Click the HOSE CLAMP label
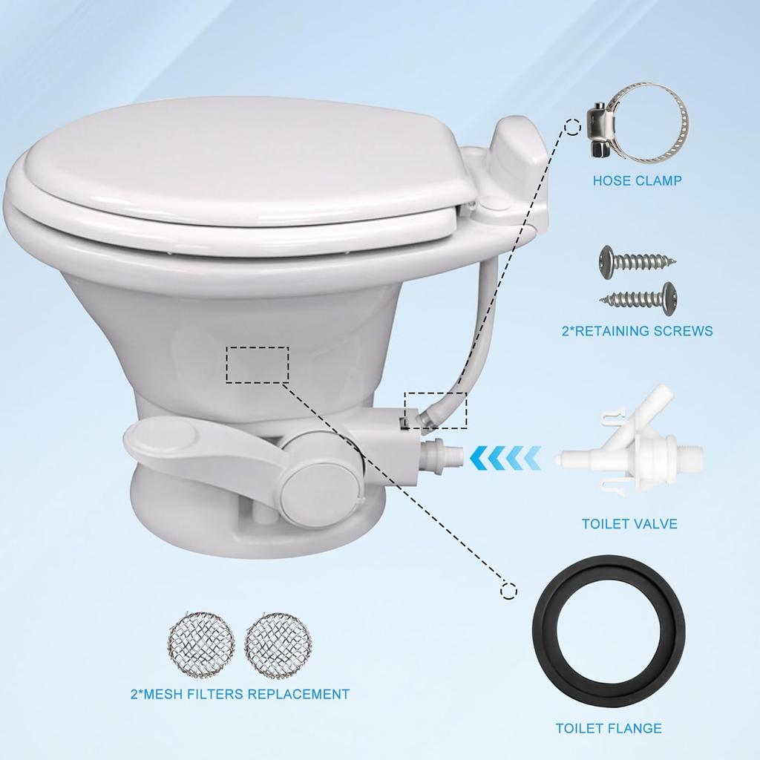point(637,180)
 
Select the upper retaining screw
point(637,259)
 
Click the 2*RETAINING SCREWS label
point(637,331)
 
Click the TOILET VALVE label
point(629,524)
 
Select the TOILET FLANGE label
point(609,728)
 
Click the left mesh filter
point(201,644)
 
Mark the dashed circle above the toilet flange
point(509,591)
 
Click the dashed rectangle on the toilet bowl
point(257,364)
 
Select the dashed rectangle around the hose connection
point(436,410)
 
